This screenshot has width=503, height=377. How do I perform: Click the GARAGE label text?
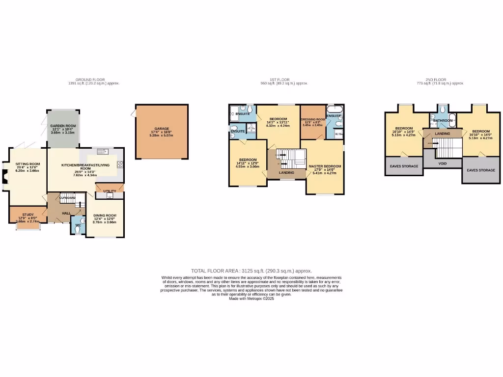(162, 129)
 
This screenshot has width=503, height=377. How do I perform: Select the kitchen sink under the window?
(103, 151)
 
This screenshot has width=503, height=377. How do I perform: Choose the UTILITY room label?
(110, 190)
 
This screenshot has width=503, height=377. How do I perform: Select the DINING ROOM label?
(105, 215)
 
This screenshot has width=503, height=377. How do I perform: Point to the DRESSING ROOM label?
(313, 119)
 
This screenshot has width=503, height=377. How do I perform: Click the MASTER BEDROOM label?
(325, 166)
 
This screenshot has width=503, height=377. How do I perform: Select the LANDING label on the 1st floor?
(286, 172)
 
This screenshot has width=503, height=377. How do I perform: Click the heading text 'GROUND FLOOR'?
(86, 80)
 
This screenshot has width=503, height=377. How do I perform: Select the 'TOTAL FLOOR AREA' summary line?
(251, 270)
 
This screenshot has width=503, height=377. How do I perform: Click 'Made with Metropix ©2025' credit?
(251, 298)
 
